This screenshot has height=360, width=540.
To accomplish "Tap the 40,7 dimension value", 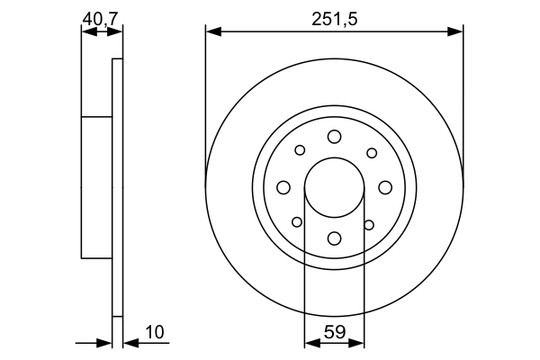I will pyautogui.click(x=101, y=17).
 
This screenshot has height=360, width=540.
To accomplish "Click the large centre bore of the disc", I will pyautogui.click(x=334, y=187).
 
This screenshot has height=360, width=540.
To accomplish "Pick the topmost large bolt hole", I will pyautogui.click(x=334, y=136).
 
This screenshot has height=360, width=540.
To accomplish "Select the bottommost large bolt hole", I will pyautogui.click(x=334, y=238).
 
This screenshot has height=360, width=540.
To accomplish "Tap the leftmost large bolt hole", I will pyautogui.click(x=283, y=187).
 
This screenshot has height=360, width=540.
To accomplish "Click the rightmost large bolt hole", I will pyautogui.click(x=385, y=187).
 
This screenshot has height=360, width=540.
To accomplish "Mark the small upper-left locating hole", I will pyautogui.click(x=300, y=150).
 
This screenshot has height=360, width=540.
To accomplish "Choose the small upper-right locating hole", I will pyautogui.click(x=371, y=152).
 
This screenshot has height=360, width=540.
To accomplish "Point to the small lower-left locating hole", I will pyautogui.click(x=297, y=222).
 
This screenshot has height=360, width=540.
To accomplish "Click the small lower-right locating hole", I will pyautogui.click(x=369, y=224).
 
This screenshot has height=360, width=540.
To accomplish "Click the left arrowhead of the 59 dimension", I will pyautogui.click(x=310, y=342).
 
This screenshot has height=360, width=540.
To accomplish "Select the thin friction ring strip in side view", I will pyautogui.click(x=116, y=187).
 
